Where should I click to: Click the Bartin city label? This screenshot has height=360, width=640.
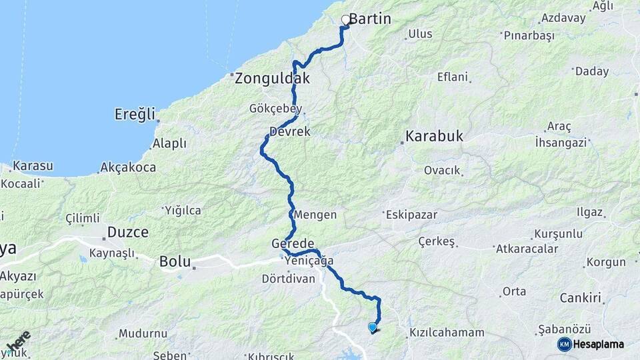coord(369,19)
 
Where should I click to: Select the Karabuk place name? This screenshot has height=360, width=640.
coord(433,137)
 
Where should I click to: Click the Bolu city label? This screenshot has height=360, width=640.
coord(175,262)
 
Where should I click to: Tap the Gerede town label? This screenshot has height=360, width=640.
coord(293,243)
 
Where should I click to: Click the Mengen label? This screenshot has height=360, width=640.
coord(315,215)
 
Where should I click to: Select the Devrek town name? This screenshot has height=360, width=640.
coord(290,132)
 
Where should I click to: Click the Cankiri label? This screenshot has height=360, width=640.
coord(581,297)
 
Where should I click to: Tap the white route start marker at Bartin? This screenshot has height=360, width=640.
coord(346,20)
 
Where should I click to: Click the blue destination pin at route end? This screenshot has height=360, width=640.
coord(372,327)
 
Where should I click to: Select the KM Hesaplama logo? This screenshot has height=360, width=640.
coord(591,344)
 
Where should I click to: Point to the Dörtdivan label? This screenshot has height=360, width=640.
coord(288,279)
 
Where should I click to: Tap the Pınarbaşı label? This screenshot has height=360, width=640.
coord(529,36)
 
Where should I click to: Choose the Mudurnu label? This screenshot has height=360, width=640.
coord(143,333)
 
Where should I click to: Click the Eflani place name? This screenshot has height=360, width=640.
coord(453,77)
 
